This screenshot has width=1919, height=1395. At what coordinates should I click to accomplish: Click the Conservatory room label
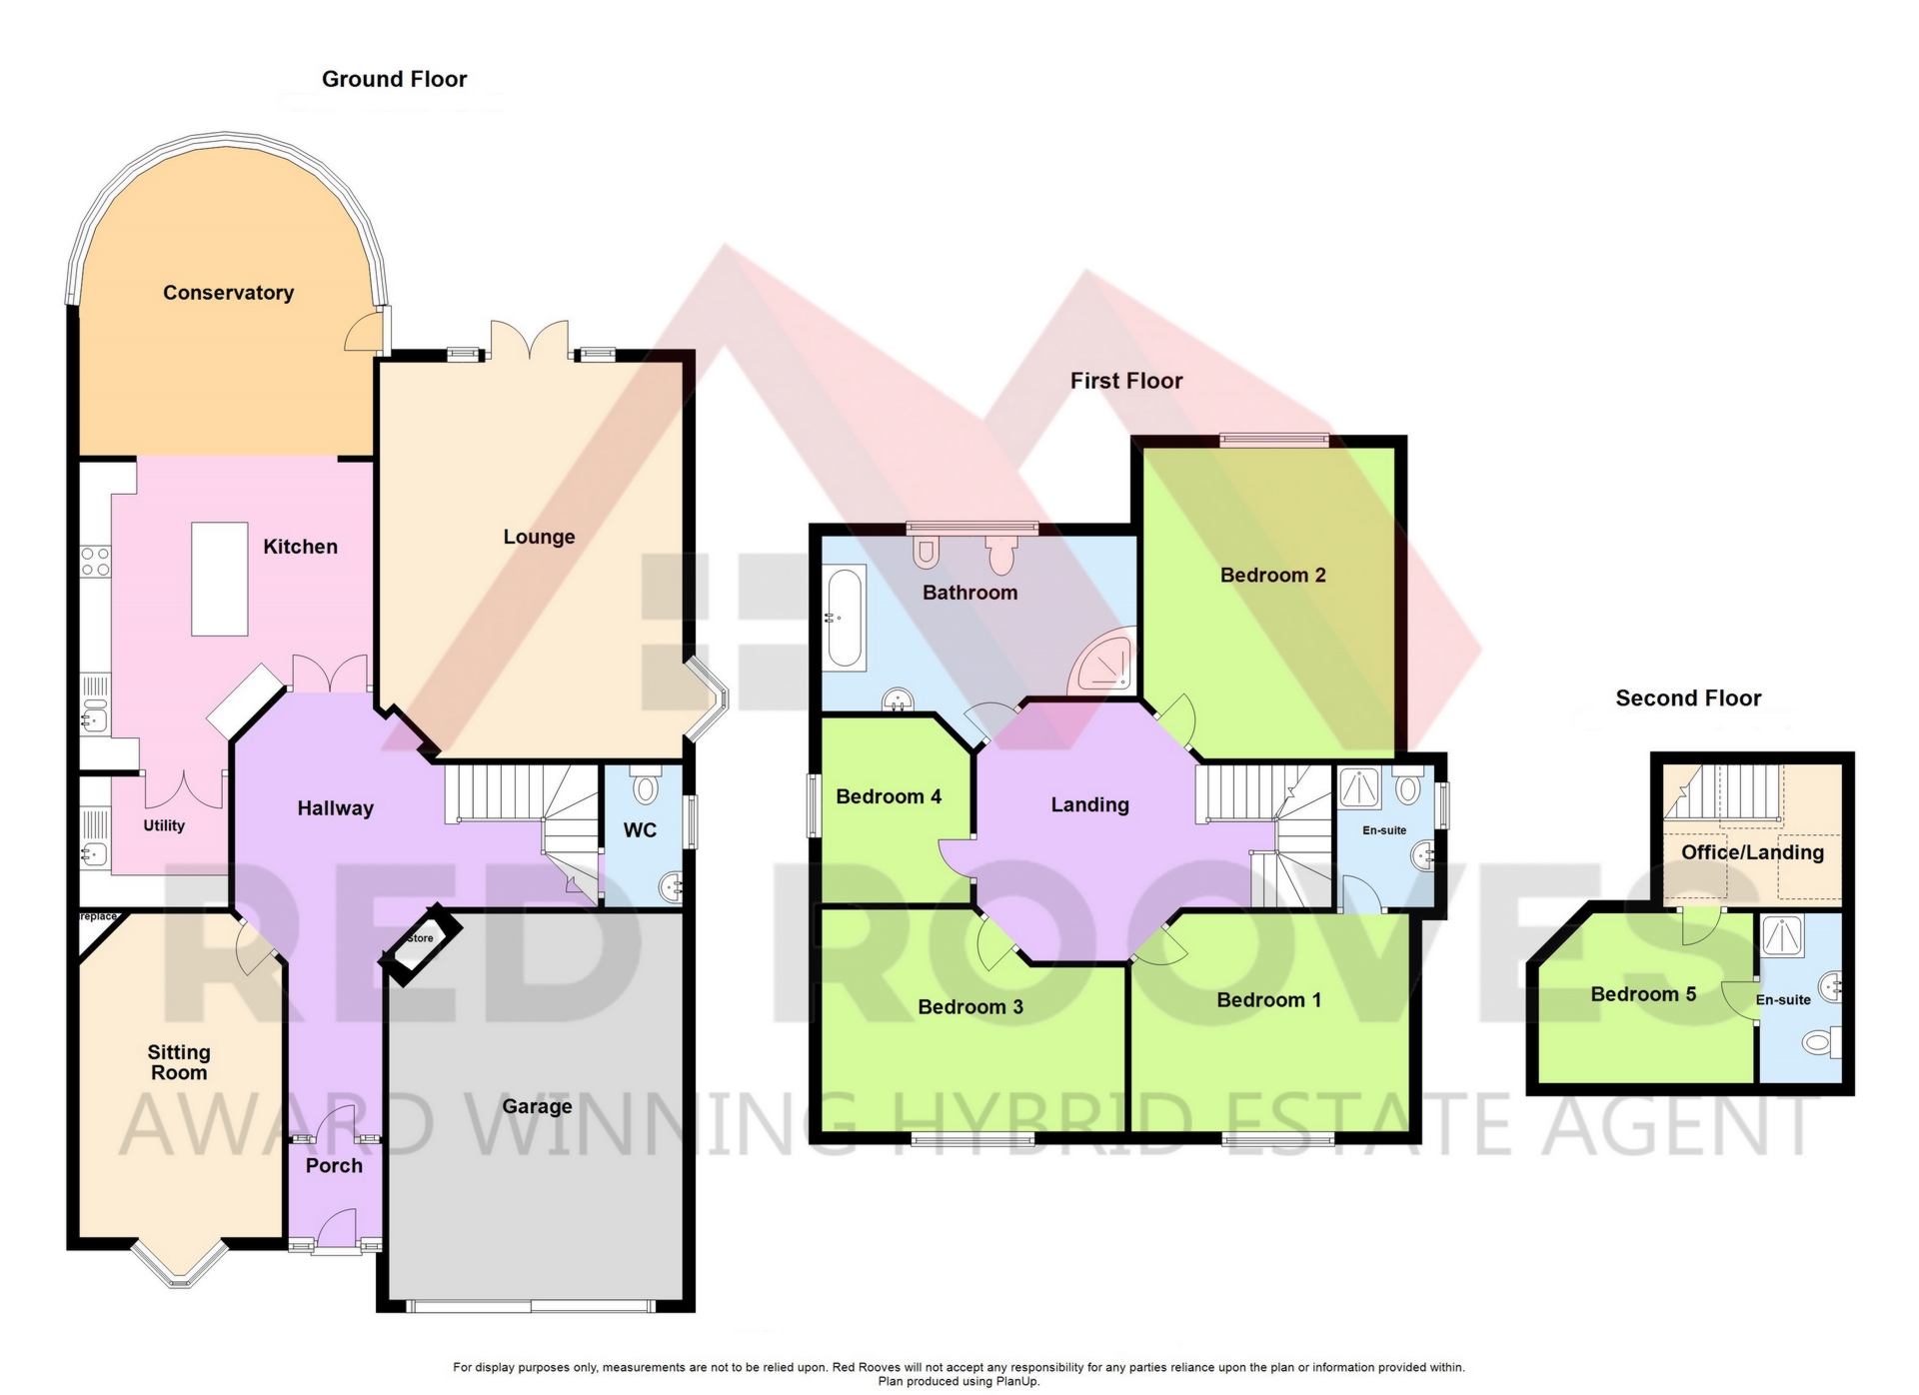click(x=228, y=293)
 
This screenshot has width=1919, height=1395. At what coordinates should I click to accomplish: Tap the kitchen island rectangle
click(x=220, y=580)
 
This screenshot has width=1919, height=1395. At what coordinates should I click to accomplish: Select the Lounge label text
click(x=539, y=537)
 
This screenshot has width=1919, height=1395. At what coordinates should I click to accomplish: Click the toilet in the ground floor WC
click(x=647, y=786)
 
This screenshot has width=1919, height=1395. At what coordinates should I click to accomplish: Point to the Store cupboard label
click(x=421, y=938)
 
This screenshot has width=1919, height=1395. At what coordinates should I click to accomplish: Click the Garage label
click(x=537, y=1106)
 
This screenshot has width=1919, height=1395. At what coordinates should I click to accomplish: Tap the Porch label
click(x=334, y=1165)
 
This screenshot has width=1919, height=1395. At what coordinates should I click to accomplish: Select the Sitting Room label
click(x=179, y=1062)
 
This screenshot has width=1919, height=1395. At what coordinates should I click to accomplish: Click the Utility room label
click(x=164, y=825)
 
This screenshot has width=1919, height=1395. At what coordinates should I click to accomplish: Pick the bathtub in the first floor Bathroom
click(x=846, y=619)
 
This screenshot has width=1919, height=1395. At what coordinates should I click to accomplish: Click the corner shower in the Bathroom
click(x=1103, y=662)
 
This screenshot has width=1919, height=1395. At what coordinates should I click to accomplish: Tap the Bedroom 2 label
click(x=1272, y=575)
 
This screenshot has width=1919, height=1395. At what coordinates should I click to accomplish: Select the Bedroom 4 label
click(x=889, y=796)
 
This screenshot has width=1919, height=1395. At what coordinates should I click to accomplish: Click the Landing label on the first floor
click(x=1089, y=804)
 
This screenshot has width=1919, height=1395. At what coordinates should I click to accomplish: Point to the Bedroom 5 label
click(x=1643, y=994)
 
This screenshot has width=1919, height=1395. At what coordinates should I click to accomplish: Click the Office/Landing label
click(x=1752, y=852)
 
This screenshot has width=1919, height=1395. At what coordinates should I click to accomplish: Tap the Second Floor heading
click(x=1688, y=698)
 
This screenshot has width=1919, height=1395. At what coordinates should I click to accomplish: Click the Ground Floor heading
click(x=394, y=79)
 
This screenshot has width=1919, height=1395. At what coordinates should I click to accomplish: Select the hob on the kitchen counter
click(x=96, y=562)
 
